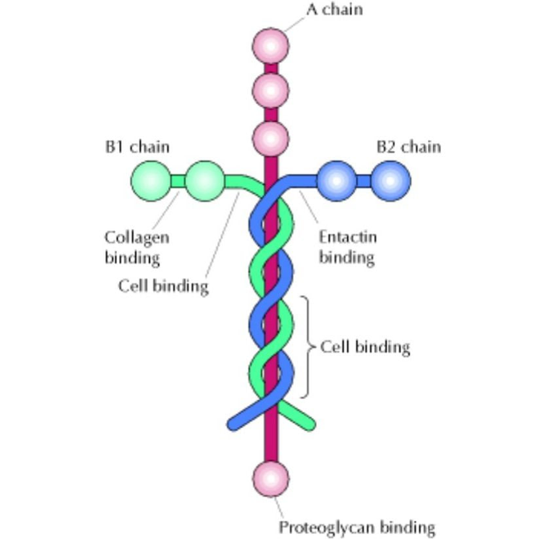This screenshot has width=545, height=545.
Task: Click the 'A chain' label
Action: tap(334, 10)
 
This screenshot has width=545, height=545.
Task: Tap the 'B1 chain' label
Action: tap(137, 147)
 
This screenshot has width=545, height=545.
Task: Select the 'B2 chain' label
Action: tap(408, 147)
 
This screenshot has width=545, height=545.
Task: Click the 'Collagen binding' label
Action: tap(136, 248)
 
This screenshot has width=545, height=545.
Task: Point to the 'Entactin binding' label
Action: tap(347, 247)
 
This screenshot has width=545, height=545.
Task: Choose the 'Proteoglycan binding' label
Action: tap(357, 527)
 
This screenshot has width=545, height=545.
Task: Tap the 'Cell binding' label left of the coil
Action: tap(163, 285)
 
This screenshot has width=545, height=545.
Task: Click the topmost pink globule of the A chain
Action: tap(271, 45)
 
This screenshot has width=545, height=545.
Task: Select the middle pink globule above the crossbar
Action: tap(271, 91)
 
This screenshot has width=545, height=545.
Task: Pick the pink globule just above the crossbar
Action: tap(271, 137)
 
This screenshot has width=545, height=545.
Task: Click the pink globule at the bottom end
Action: tap(271, 478)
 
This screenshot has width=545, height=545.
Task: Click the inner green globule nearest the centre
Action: tap(204, 180)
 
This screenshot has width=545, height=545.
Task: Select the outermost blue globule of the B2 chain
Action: tap(390, 180)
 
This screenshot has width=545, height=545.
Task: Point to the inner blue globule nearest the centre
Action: tap(337, 180)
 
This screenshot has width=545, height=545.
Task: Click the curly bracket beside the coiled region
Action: tap(306, 347)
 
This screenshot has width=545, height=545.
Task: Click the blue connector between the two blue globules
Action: tap(364, 181)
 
